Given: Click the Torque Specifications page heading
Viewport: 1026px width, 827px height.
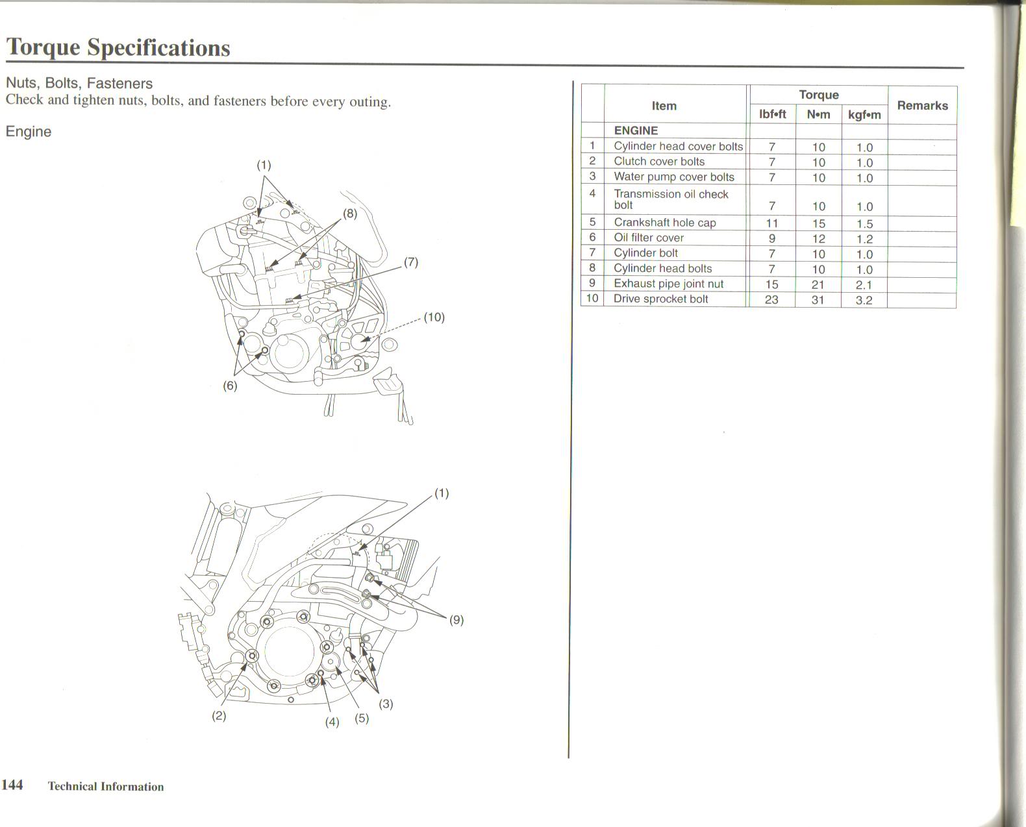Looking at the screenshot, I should [x=118, y=47].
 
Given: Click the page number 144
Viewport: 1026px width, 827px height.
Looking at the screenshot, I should [x=12, y=785].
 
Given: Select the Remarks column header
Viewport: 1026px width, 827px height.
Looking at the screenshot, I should [x=922, y=105].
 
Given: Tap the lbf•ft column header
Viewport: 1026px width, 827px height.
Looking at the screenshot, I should [x=772, y=115].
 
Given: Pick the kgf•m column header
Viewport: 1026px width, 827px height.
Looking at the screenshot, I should [x=864, y=116].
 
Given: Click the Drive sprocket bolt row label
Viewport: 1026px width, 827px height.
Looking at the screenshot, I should [x=660, y=299].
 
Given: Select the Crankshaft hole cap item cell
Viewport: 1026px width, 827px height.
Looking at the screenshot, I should [x=664, y=223].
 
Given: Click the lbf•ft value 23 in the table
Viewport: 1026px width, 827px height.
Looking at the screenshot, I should [x=771, y=300].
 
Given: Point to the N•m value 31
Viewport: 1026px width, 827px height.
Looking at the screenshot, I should [x=818, y=300].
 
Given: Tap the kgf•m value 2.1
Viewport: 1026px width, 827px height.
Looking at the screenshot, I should [x=864, y=285].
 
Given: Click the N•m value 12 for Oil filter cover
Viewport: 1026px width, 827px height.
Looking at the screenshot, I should [x=818, y=239].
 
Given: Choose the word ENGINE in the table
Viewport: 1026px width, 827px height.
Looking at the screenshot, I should [x=636, y=130].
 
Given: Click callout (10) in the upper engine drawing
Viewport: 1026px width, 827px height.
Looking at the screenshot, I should [x=434, y=317].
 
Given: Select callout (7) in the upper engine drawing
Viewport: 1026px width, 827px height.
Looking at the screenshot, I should [x=411, y=262].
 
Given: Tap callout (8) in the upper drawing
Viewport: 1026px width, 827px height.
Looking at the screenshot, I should [x=350, y=213].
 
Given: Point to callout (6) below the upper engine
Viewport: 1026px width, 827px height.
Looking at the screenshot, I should [x=230, y=386].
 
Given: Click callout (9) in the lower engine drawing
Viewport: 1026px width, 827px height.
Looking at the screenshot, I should [x=457, y=620].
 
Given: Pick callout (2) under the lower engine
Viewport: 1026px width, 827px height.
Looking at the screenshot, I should [x=219, y=716].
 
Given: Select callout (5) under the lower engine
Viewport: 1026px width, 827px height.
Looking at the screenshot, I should [x=362, y=719].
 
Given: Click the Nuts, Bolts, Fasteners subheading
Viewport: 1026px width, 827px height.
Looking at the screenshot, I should [x=79, y=83].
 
